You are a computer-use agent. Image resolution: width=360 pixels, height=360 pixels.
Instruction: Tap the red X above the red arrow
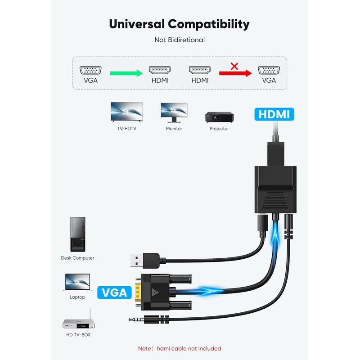tap(234, 66)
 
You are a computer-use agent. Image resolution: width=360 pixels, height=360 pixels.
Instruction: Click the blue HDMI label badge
tap(274, 114)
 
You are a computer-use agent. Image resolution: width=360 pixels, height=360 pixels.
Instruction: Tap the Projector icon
tap(219, 117)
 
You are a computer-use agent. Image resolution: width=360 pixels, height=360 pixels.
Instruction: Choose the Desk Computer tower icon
tap(77, 234)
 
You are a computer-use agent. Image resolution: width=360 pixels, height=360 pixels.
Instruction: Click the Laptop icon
tap(77, 283)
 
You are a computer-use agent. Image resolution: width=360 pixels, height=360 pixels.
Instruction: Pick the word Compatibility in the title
tap(209, 23)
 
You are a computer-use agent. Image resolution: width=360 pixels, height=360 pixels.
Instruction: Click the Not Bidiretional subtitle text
tap(180, 40)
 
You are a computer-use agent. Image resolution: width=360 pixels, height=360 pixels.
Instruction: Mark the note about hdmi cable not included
tap(180, 348)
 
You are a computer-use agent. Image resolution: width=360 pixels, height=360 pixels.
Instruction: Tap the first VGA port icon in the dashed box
tap(90, 70)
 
